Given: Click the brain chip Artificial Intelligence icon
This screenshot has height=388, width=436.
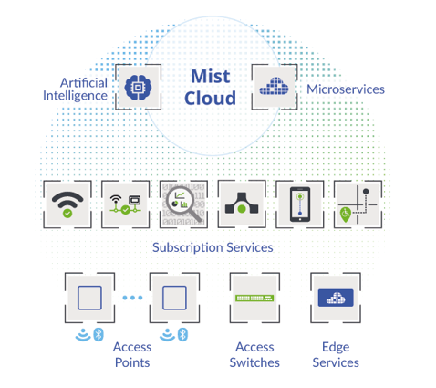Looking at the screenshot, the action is (138, 88).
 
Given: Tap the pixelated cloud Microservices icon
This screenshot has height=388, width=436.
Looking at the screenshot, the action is (274, 86).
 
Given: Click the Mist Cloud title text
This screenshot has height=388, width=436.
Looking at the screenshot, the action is (211, 87).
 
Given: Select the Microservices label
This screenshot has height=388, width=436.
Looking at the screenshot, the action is (346, 89).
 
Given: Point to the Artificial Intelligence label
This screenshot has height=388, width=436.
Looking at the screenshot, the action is (75, 89).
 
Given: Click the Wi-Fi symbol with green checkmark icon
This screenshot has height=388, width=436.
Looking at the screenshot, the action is (67, 204).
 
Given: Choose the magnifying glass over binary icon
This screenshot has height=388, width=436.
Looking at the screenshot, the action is (183, 204).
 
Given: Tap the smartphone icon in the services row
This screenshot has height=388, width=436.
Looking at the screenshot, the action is (300, 204).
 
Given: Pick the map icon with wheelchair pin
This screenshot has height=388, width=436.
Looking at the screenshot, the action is (358, 204).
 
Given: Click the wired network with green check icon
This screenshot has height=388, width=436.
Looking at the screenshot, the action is (125, 204).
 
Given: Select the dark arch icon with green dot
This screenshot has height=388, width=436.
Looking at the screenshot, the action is (242, 203).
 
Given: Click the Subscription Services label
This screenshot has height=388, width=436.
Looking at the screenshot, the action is (213, 247).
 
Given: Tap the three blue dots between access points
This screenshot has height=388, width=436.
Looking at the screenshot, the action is (132, 298).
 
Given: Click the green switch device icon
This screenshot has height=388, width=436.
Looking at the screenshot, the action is (254, 298).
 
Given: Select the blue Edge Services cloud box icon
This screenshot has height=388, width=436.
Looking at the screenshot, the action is (336, 298).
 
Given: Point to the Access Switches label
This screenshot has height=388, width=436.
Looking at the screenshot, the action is (254, 355).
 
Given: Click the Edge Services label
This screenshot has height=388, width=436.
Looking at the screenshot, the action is (336, 355).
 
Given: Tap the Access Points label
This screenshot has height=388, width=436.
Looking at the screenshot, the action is (132, 355).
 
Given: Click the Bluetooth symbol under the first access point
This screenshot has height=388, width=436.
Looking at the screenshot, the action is (99, 334).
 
